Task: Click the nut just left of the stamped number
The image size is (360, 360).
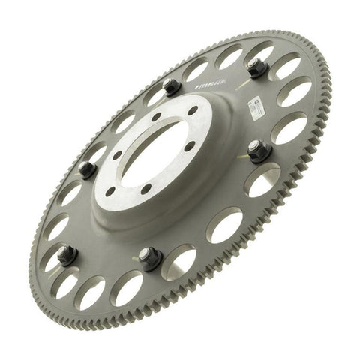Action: pos(172,88)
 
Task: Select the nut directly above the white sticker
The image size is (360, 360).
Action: pos(257,69)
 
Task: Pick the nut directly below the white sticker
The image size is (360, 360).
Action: pos(259,152)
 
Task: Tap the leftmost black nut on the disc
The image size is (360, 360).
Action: pos(67,256)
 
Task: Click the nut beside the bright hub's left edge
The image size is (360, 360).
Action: pos(87,169)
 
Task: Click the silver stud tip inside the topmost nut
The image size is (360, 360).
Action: pos(257,67)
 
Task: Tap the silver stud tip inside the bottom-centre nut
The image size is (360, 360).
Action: pos(151,256)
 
